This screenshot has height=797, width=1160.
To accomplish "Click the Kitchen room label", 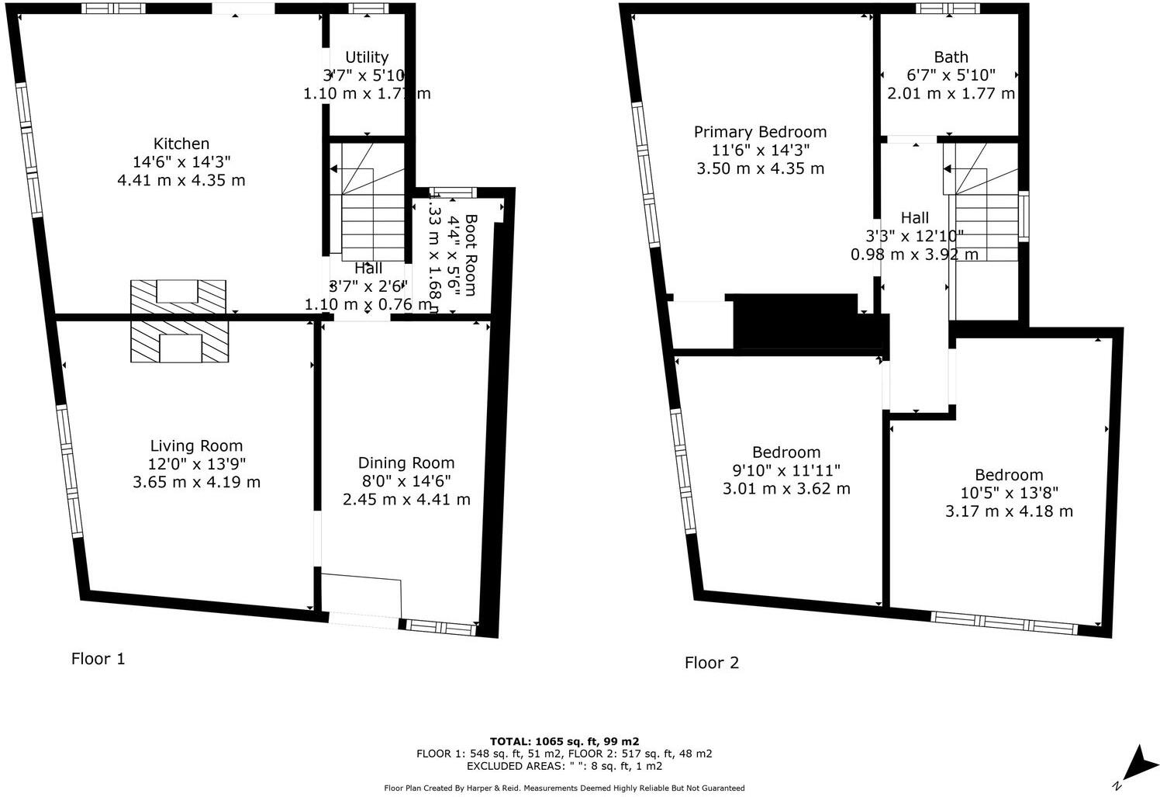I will point(181,144).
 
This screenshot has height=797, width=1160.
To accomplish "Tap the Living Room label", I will point(196,445).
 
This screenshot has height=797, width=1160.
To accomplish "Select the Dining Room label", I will point(406,463).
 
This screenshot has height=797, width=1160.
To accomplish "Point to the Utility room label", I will point(367,57).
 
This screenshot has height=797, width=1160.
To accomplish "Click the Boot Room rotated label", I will point(470,254).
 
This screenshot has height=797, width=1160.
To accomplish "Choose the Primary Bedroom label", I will point(760,132).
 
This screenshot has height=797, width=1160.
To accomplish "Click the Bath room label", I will point(951,57).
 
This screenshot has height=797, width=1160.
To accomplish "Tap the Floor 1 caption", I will point(98,659).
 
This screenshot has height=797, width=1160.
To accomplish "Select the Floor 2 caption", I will point(711,663).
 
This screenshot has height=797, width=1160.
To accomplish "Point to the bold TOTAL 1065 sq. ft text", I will point(564,741).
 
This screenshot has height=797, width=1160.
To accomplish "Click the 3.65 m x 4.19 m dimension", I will point(196,482).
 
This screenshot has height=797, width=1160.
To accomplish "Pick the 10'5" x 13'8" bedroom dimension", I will point(1009,493).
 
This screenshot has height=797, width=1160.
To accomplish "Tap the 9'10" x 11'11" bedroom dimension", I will point(786,470).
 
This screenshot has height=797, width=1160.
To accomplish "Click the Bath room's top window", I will point(947,9).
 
